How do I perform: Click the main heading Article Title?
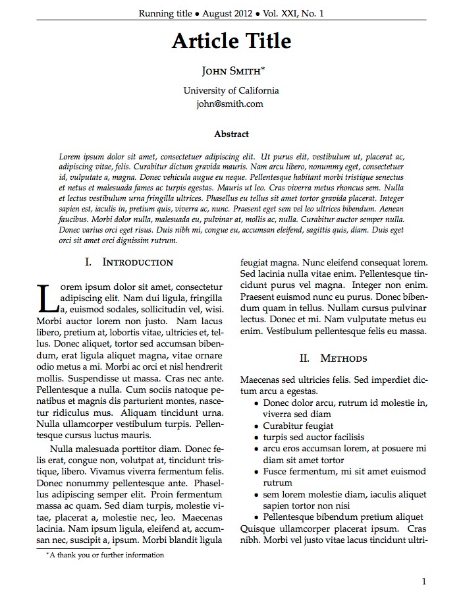pos(230,42)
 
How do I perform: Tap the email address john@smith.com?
pos(230,103)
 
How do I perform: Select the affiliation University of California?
pos(230,90)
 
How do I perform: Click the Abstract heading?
pos(231,134)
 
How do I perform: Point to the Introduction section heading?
pos(138,262)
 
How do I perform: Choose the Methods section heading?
pos(343,358)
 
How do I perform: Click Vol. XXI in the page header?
pos(278,13)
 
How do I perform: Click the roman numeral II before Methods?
pos(304,358)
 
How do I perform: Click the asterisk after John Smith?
pos(263,68)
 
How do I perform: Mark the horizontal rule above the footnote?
pos(73,548)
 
